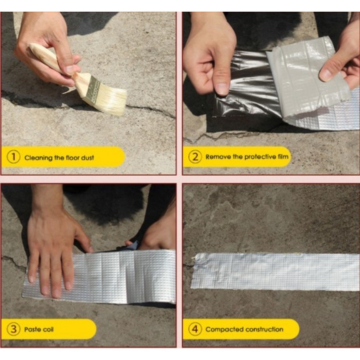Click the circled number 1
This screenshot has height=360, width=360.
(13, 157)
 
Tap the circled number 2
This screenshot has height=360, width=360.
(195, 157)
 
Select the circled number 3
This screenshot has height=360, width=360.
(13, 329)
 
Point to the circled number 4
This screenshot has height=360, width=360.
(195, 329)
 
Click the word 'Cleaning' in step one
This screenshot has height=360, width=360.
(38, 157)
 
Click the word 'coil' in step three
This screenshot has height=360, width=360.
(47, 330)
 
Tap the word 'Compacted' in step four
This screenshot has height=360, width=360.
(224, 329)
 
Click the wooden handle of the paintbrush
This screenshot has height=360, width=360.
(50, 58)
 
